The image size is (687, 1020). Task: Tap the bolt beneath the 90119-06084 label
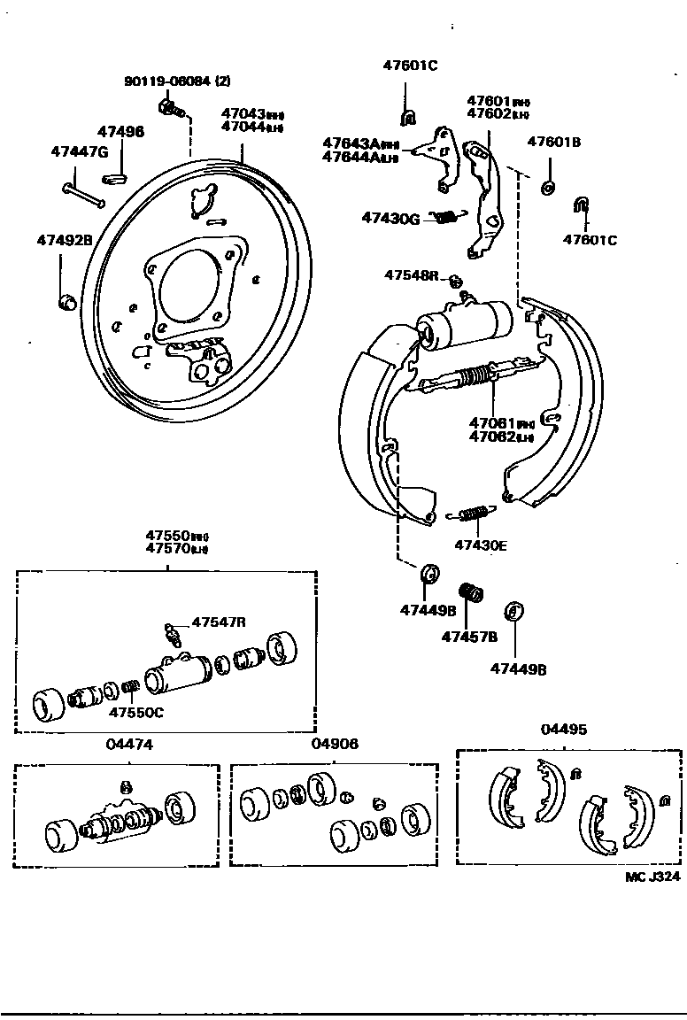pos(171,109)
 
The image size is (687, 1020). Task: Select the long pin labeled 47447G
pos(85,193)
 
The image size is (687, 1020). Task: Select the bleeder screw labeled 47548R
pos(456,282)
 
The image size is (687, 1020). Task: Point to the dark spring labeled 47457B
pos(469,591)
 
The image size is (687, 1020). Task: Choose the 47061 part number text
pos(490,423)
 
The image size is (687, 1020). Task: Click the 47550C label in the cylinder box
pos(136,712)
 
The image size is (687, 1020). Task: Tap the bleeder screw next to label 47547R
pos(172,634)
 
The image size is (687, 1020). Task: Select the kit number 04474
pos(129,745)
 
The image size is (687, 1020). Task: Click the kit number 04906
pos(335,744)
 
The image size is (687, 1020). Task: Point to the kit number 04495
pos(564,730)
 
